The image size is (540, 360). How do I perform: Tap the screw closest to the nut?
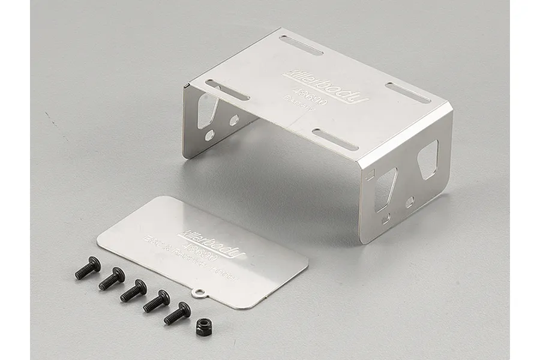click(x=178, y=313)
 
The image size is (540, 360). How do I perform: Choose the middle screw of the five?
click(x=133, y=290)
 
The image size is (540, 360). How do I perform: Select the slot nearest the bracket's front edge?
click(x=337, y=139)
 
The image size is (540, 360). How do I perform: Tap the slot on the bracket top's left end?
click(x=229, y=90)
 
